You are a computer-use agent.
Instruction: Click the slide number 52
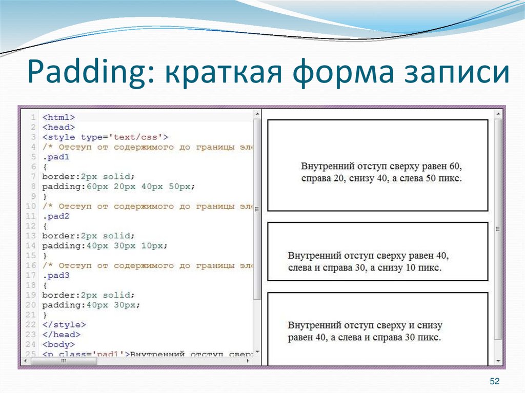tap(494, 381)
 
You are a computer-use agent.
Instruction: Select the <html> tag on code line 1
tap(58, 117)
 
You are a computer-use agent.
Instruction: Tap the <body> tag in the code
tap(58, 344)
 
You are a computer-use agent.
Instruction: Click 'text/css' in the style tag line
tap(138, 137)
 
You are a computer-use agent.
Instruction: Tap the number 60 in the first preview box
tap(455, 167)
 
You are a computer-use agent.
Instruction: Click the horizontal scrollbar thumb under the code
tap(64, 361)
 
